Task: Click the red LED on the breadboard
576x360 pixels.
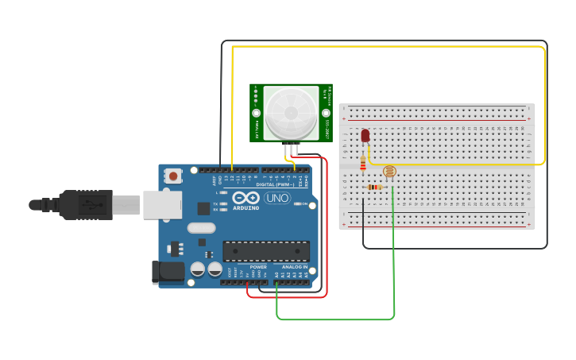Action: (365, 136)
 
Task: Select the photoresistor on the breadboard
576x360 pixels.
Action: (389, 171)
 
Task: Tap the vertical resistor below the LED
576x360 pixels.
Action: (363, 162)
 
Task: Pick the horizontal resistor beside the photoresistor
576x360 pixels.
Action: (374, 188)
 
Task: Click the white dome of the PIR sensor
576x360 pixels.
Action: (291, 113)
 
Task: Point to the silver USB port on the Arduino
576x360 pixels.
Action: (163, 204)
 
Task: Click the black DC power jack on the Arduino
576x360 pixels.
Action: (169, 272)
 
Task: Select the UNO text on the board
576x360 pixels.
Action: (277, 198)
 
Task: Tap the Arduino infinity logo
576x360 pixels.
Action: (246, 198)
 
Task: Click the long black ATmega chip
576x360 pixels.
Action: (266, 251)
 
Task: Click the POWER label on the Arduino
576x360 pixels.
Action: (258, 267)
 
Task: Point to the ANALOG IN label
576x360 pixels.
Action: (294, 267)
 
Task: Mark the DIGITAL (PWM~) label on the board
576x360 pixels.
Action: (269, 184)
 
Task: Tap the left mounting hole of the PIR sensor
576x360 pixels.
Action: (257, 113)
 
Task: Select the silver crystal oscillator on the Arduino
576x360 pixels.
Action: (201, 228)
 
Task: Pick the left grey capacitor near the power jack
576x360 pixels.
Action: (198, 270)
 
